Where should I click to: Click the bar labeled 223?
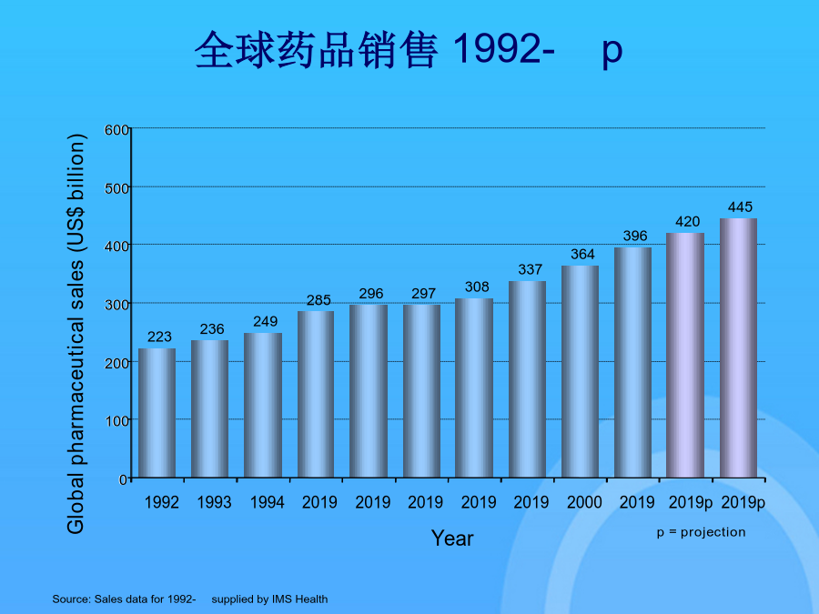157,413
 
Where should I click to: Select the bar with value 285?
316,394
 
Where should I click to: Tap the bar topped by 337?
527,379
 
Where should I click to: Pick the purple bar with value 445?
738,347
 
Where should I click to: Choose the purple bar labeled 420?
685,355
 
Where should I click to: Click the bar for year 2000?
580,371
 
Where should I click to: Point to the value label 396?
635,236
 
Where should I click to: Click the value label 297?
423,294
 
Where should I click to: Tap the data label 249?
266,321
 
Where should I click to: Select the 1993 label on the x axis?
214,502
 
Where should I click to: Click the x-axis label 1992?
161,502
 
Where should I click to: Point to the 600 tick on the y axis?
116,129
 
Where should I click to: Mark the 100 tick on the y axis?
116,420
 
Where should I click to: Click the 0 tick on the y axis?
123,478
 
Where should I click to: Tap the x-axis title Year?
452,539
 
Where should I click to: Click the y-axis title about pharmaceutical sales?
76,334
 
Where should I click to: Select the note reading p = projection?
701,532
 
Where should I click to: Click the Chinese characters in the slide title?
317,50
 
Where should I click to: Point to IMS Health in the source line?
299,599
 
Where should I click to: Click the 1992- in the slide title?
503,49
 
